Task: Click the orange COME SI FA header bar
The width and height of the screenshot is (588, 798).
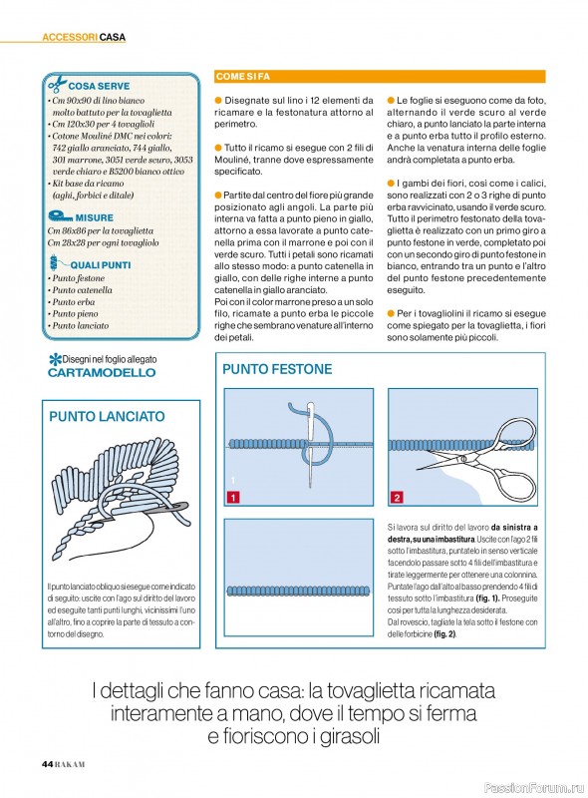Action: (x=380, y=77)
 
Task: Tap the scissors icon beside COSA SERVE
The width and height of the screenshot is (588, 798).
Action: (x=57, y=84)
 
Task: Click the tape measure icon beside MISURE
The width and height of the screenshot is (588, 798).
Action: (x=60, y=216)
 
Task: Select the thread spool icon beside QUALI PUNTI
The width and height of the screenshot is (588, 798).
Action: (x=54, y=262)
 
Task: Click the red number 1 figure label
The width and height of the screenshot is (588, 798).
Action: (x=232, y=497)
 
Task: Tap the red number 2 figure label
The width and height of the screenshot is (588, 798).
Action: (x=397, y=497)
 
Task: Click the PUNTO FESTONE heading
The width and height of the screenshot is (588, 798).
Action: (x=277, y=369)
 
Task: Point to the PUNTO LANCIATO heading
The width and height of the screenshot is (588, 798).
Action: (x=107, y=416)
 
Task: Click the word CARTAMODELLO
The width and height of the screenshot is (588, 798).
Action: (x=102, y=372)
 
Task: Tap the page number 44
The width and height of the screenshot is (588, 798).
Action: (x=47, y=764)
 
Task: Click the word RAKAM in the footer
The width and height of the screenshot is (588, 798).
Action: (x=70, y=764)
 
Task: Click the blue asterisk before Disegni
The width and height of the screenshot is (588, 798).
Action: (x=55, y=359)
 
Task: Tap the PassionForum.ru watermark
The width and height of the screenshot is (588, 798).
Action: (x=533, y=788)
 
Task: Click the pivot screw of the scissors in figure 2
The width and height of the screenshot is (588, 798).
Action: (x=462, y=460)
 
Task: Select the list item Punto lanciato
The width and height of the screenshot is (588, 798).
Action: (x=81, y=326)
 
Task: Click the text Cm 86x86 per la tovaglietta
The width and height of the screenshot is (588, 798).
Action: (x=101, y=230)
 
